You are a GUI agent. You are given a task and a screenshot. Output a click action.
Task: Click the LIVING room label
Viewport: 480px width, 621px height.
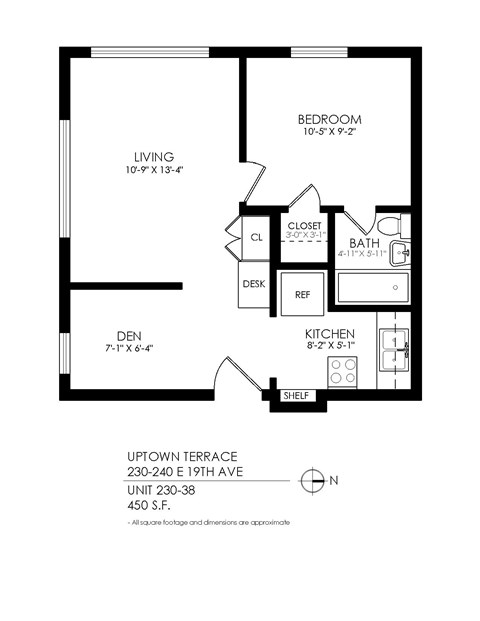(x=154, y=156)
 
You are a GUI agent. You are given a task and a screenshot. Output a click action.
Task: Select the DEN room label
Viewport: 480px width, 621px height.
(x=128, y=335)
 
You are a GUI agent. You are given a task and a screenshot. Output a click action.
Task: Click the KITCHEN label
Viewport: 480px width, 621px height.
(x=330, y=334)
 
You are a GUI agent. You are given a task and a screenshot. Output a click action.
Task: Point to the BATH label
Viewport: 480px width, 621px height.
(x=362, y=243)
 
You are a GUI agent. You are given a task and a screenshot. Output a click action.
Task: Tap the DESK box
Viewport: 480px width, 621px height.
(x=254, y=284)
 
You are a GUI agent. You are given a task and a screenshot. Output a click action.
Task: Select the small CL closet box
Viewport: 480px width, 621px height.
(x=256, y=237)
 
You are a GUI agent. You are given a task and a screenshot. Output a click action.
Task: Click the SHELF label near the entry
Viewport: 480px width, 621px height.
(x=297, y=395)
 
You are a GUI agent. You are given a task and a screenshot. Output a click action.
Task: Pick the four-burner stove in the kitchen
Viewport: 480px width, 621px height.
(x=344, y=371)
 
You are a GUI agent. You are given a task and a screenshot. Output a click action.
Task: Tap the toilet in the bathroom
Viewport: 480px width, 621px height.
(x=386, y=224)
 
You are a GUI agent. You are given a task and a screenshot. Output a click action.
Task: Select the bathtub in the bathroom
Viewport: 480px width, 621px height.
(x=373, y=287)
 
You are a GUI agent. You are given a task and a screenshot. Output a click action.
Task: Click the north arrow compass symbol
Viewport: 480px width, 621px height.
(x=314, y=480)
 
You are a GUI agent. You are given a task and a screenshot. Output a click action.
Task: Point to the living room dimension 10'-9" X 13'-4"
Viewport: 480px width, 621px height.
(x=154, y=170)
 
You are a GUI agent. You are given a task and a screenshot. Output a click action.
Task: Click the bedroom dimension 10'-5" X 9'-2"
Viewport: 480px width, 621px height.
(x=329, y=132)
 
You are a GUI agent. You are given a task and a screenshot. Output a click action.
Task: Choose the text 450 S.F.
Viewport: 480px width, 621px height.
(x=149, y=505)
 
